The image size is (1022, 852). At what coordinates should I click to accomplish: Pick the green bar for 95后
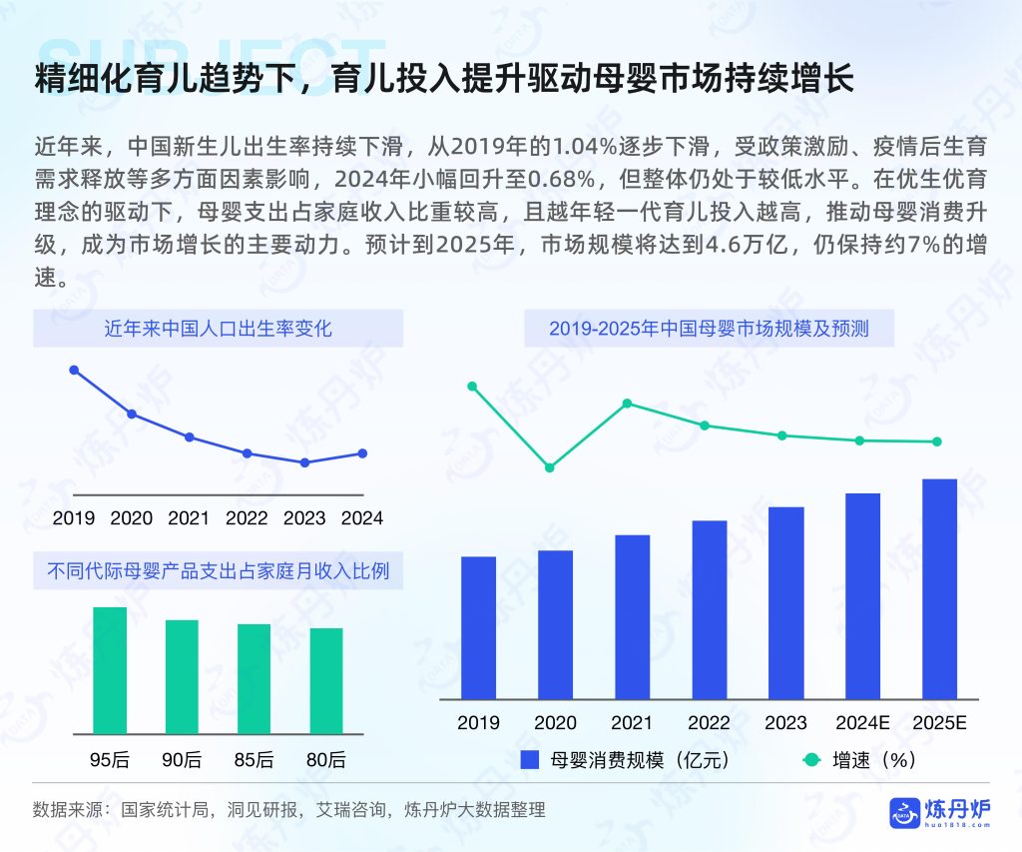point(110,670)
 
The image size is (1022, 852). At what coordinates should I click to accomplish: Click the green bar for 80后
point(326,680)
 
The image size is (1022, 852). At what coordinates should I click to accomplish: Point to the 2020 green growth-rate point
point(549,467)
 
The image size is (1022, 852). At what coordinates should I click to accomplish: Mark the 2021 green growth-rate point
point(627,404)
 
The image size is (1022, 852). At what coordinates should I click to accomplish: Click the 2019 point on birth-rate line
point(74,370)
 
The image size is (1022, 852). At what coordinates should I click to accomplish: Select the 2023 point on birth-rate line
point(304,462)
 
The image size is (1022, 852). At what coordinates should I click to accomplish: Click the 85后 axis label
point(254,760)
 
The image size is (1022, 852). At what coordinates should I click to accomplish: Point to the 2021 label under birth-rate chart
point(189,518)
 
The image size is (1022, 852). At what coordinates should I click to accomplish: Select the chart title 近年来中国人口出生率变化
point(218,328)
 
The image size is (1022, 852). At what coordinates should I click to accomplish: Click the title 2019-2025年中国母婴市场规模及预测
point(709,328)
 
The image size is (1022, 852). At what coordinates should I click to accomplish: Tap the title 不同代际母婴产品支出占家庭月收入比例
point(218,571)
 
